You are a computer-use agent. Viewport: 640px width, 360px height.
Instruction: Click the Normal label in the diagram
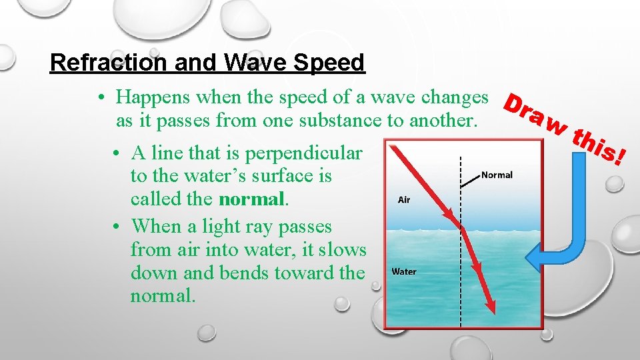(x=497, y=175)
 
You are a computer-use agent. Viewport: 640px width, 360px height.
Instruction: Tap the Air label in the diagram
(x=404, y=199)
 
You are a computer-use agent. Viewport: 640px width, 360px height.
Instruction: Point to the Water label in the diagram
(x=404, y=271)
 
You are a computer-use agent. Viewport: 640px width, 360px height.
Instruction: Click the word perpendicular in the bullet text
(x=304, y=153)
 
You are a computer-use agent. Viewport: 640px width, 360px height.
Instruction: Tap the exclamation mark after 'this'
(x=620, y=158)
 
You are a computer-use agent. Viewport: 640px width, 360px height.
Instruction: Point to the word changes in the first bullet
(x=456, y=97)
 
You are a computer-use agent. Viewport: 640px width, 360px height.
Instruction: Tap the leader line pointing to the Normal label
(x=472, y=178)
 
